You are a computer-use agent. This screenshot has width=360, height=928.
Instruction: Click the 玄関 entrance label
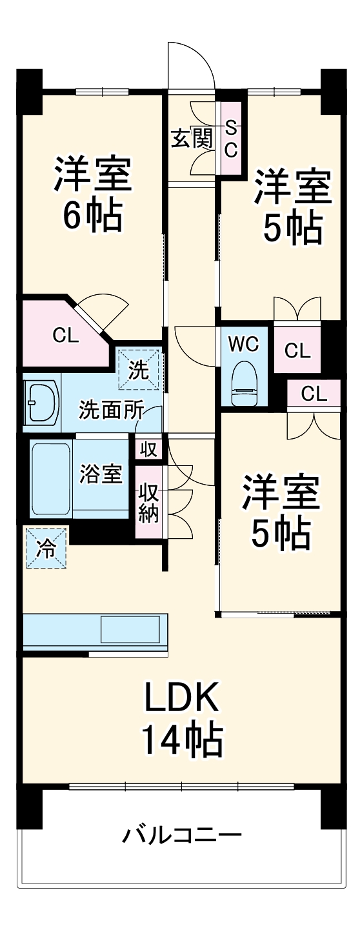[192, 138]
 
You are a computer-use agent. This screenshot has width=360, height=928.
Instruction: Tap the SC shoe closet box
[231, 138]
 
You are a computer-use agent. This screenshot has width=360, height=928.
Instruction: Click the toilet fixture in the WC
[245, 383]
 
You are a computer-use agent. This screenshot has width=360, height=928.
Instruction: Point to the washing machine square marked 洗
[137, 368]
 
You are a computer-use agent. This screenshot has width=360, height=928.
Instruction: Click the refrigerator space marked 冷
[46, 548]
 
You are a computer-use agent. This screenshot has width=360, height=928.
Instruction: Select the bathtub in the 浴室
[50, 478]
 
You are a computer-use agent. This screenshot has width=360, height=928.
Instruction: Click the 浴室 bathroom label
[101, 474]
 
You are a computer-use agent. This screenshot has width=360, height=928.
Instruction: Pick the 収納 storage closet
[149, 503]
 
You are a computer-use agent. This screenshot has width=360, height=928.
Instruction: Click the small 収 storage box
[148, 449]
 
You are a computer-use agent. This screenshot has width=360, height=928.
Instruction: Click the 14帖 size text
[182, 740]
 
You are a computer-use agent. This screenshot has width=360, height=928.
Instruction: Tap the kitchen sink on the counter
[130, 629]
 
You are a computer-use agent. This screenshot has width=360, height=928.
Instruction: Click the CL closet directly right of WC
[297, 351]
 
